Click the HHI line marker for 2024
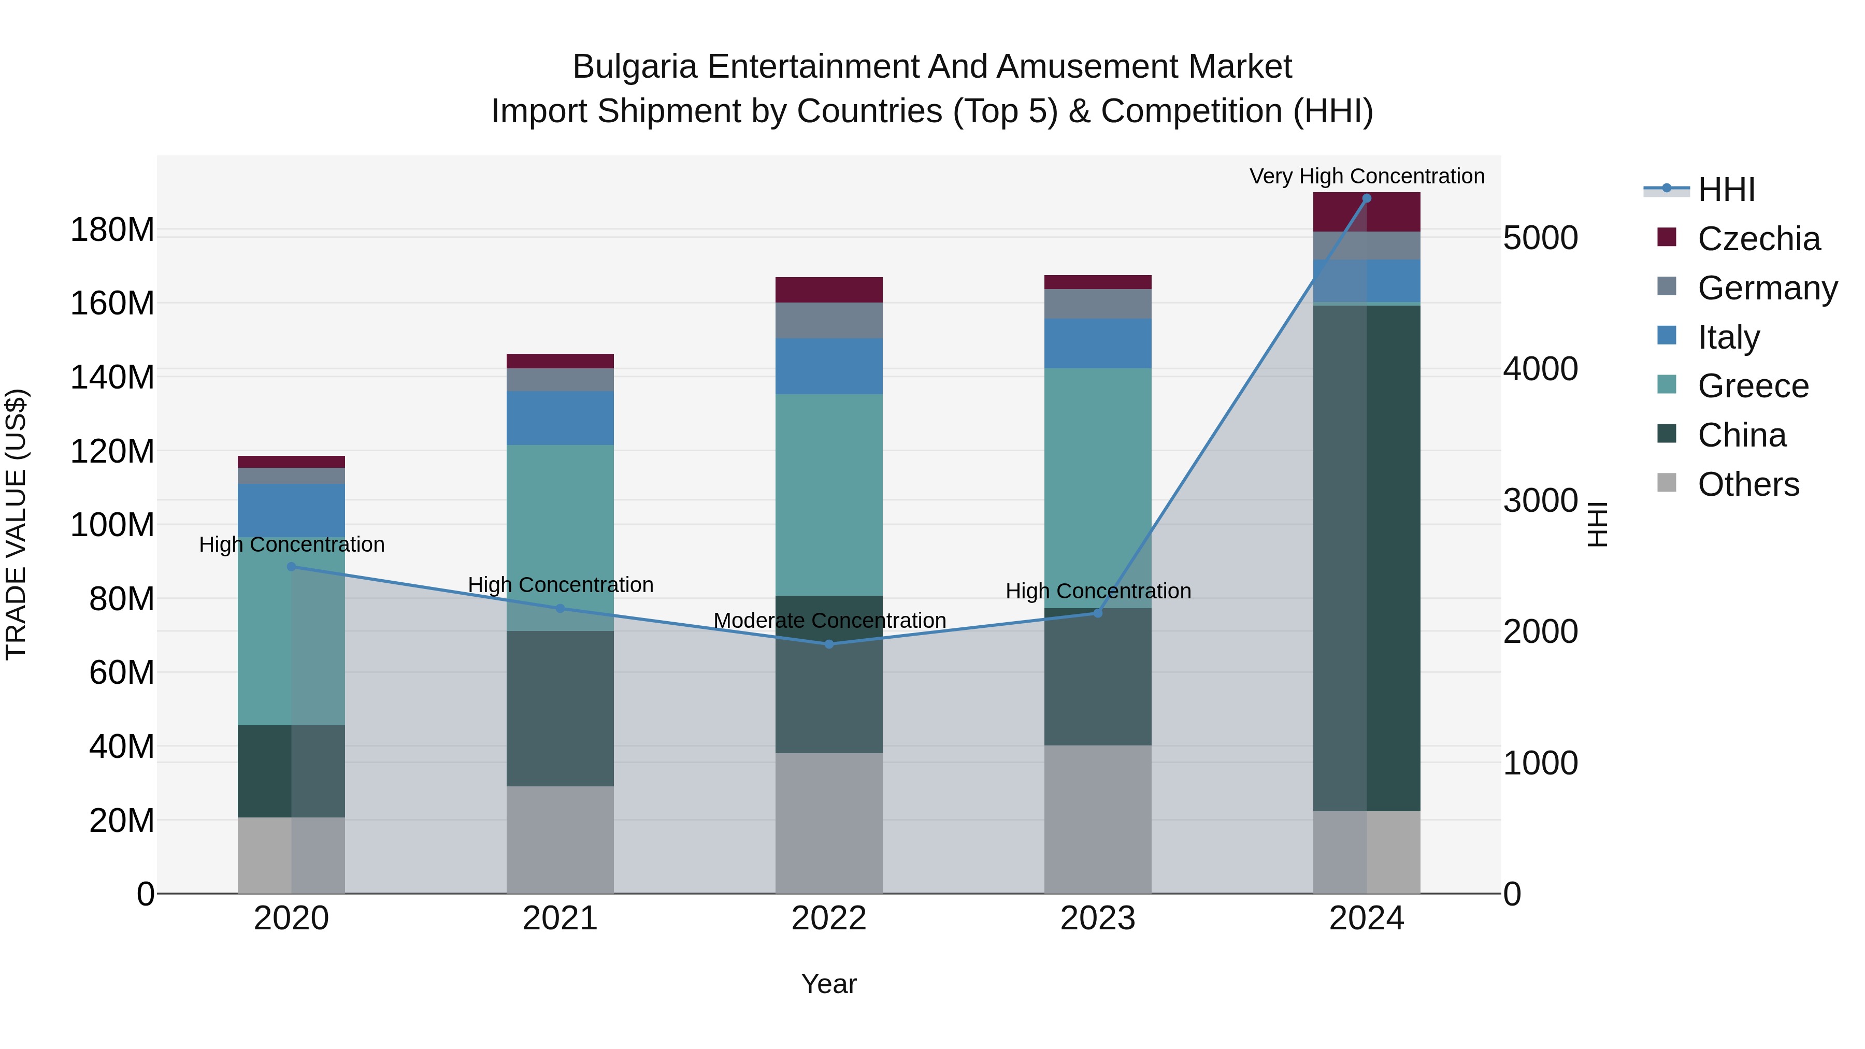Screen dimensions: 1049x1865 (x=1366, y=198)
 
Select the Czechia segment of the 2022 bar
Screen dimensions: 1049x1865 (x=829, y=290)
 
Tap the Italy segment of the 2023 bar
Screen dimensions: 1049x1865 (x=1098, y=343)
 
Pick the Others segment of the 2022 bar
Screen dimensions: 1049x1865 (x=829, y=823)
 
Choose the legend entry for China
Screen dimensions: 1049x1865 (x=1741, y=435)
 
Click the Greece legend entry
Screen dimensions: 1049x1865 (x=1752, y=386)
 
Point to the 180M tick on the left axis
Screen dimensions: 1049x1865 (x=112, y=230)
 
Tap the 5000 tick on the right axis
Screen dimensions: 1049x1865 (x=1540, y=238)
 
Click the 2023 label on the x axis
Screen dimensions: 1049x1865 (x=1098, y=918)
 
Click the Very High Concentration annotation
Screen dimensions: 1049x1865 (x=1366, y=176)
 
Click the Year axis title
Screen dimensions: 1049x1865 (x=829, y=984)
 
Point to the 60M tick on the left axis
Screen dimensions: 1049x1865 (x=122, y=672)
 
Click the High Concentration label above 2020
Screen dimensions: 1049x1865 (x=292, y=544)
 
